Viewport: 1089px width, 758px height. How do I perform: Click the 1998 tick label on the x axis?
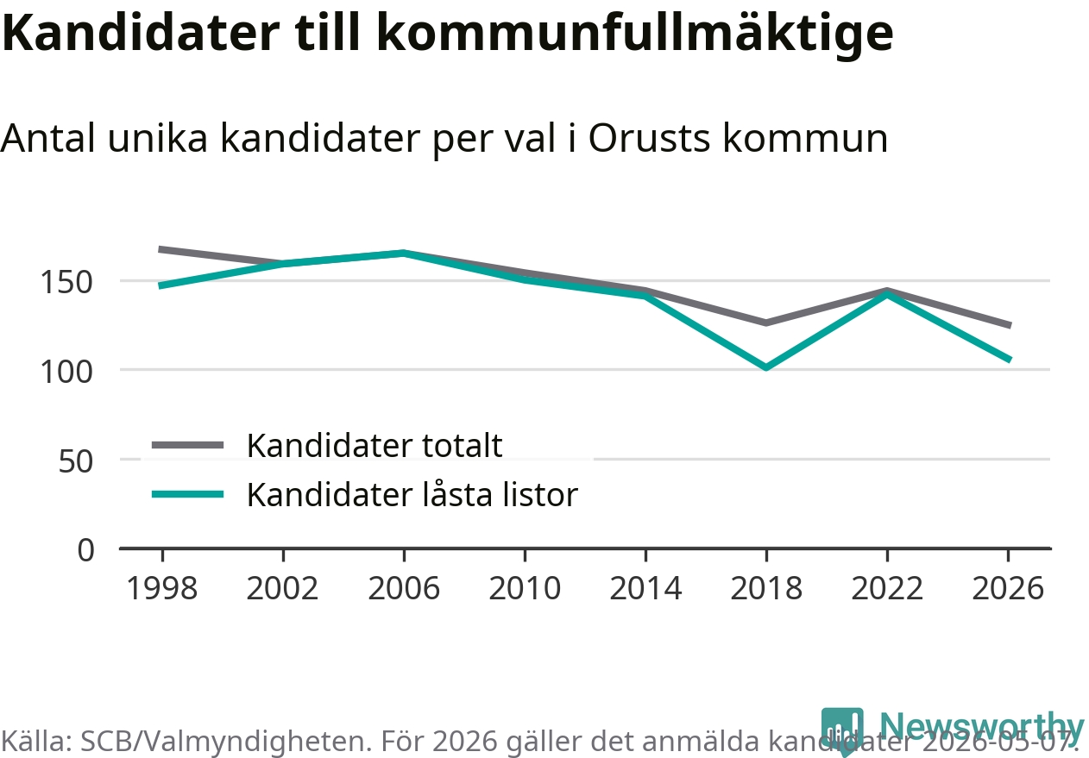pos(162,588)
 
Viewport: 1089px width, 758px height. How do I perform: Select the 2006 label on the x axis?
pos(404,588)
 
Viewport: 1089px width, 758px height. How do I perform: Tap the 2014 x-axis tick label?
pos(645,588)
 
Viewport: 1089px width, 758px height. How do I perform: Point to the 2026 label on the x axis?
pos(1008,588)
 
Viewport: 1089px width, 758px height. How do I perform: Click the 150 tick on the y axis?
pos(66,282)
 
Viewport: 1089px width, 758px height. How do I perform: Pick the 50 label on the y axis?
pos(75,461)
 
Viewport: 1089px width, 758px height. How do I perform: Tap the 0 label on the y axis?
pos(86,550)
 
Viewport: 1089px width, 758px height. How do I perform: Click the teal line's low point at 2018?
pos(766,367)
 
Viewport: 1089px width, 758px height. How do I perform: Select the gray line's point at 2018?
pos(766,323)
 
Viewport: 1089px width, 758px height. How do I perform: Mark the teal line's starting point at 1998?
pos(160,285)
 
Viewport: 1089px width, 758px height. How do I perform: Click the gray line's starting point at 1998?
pos(160,249)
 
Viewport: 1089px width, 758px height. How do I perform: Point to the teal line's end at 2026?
pos(1010,360)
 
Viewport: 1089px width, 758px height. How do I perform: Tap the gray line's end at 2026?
pos(1010,326)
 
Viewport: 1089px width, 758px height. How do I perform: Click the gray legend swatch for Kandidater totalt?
pos(187,445)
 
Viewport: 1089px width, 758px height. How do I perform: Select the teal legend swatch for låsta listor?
pos(187,495)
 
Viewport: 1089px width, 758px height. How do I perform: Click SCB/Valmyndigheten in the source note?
pos(223,742)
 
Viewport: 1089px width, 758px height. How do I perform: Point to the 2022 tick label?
pos(887,588)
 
